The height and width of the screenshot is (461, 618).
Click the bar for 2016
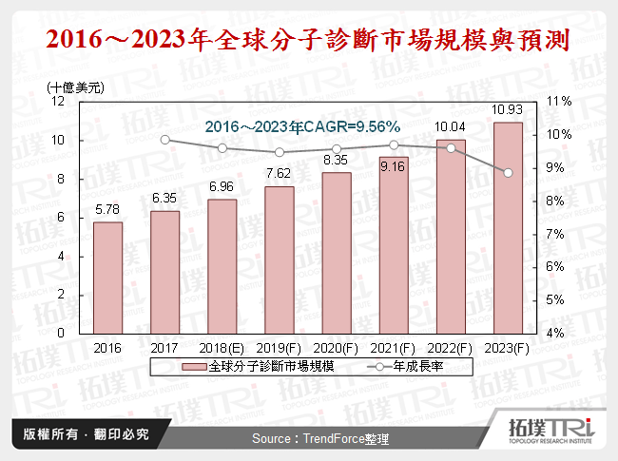tap(107, 278)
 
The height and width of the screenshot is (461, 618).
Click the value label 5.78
tap(107, 208)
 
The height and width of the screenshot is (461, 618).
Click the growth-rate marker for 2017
tap(165, 140)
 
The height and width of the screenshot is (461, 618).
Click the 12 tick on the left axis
tap(58, 101)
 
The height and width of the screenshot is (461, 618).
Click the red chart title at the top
tap(309, 41)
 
